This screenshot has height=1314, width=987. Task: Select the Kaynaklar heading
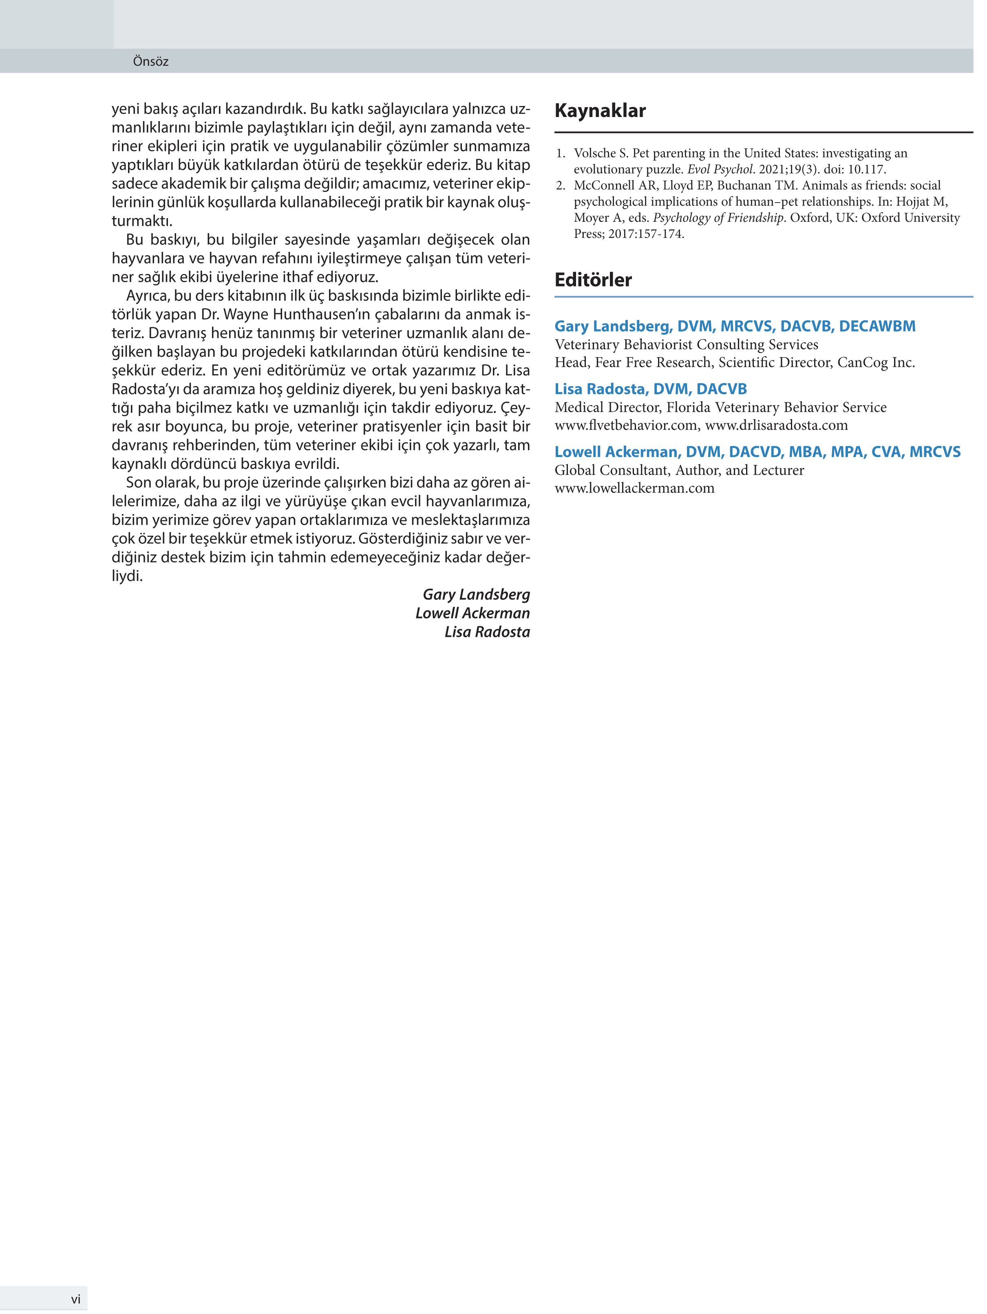click(x=600, y=110)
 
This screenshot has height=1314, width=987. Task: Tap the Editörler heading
click(x=593, y=280)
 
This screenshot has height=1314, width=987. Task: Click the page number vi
click(x=75, y=1299)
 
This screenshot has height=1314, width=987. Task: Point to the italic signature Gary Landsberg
click(x=476, y=595)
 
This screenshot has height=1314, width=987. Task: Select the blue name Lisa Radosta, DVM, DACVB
click(x=650, y=389)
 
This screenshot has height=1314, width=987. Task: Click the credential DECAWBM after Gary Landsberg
click(x=877, y=326)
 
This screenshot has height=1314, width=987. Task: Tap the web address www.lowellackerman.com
click(x=634, y=488)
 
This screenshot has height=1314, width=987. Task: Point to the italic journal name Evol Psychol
click(x=720, y=169)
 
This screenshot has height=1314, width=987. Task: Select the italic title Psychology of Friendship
click(x=718, y=218)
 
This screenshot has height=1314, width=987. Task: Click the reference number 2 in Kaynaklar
click(x=560, y=186)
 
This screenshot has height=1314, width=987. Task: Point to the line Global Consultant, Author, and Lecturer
click(x=679, y=470)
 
